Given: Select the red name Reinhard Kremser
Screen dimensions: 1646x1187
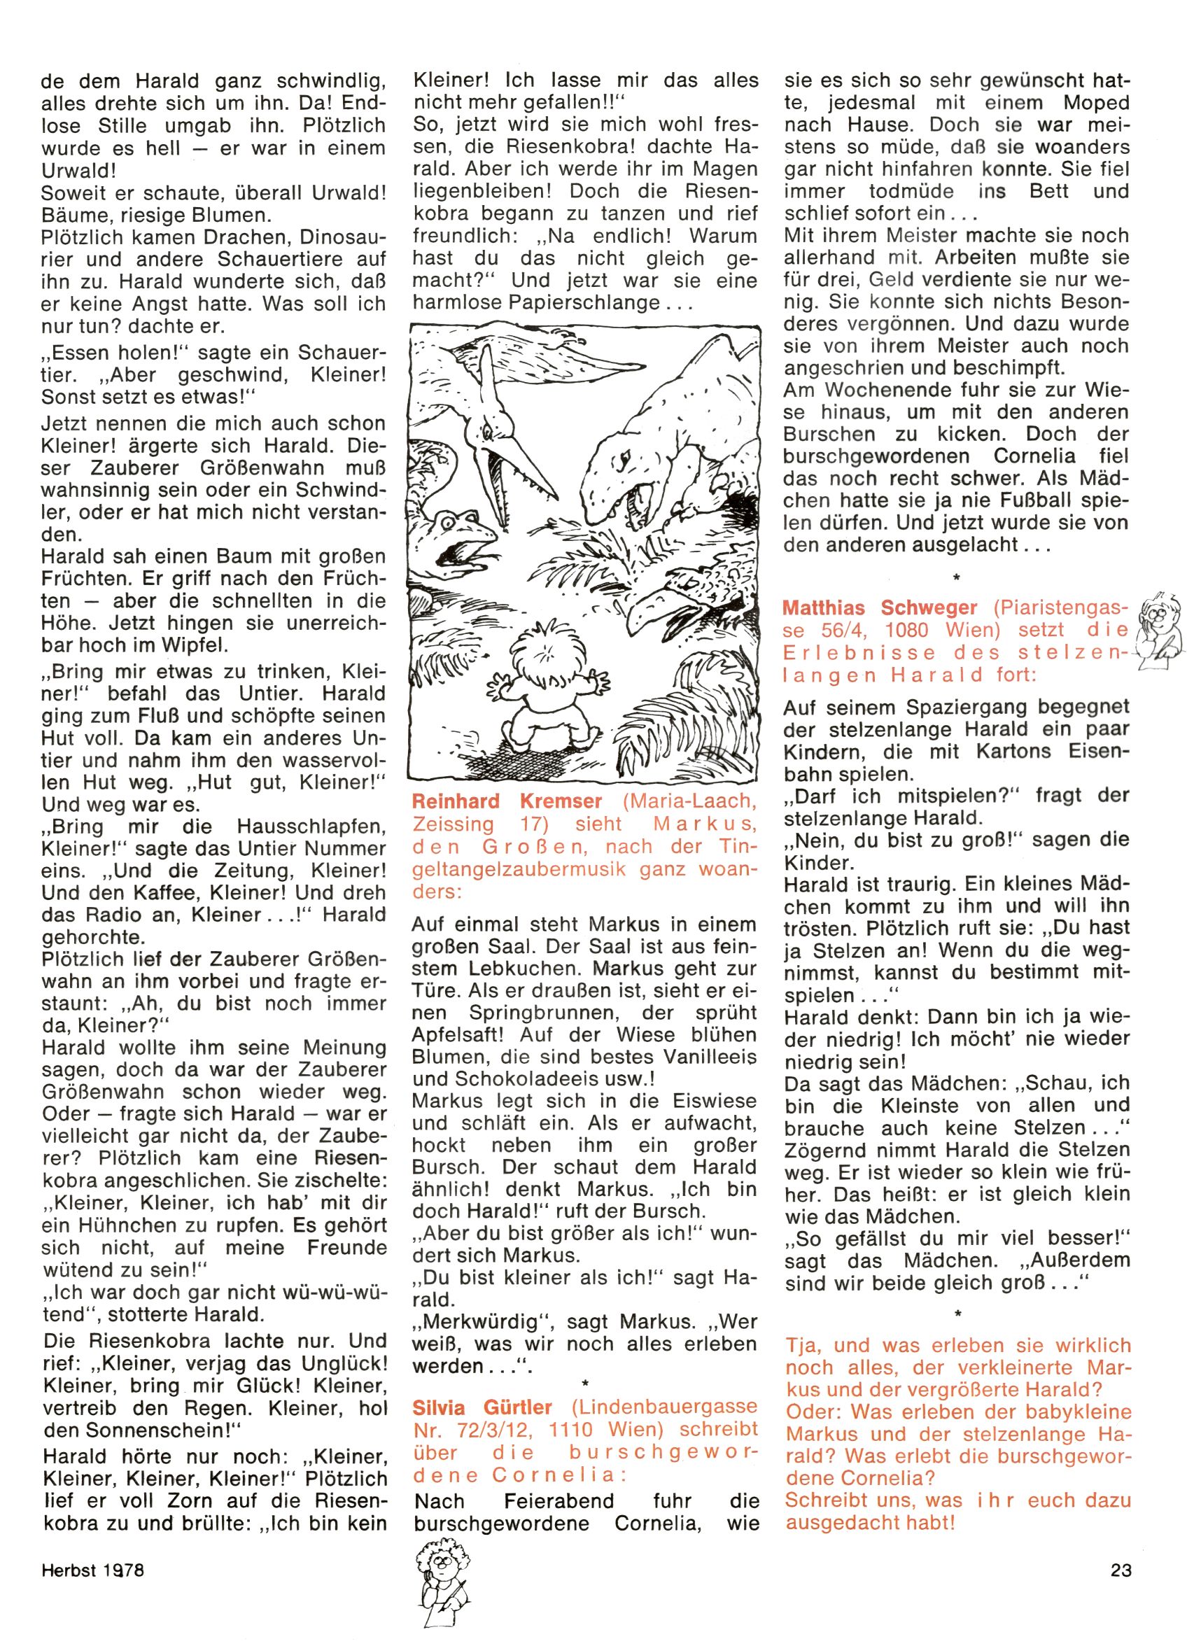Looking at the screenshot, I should click(507, 801).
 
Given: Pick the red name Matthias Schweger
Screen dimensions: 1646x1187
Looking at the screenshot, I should click(880, 607).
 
